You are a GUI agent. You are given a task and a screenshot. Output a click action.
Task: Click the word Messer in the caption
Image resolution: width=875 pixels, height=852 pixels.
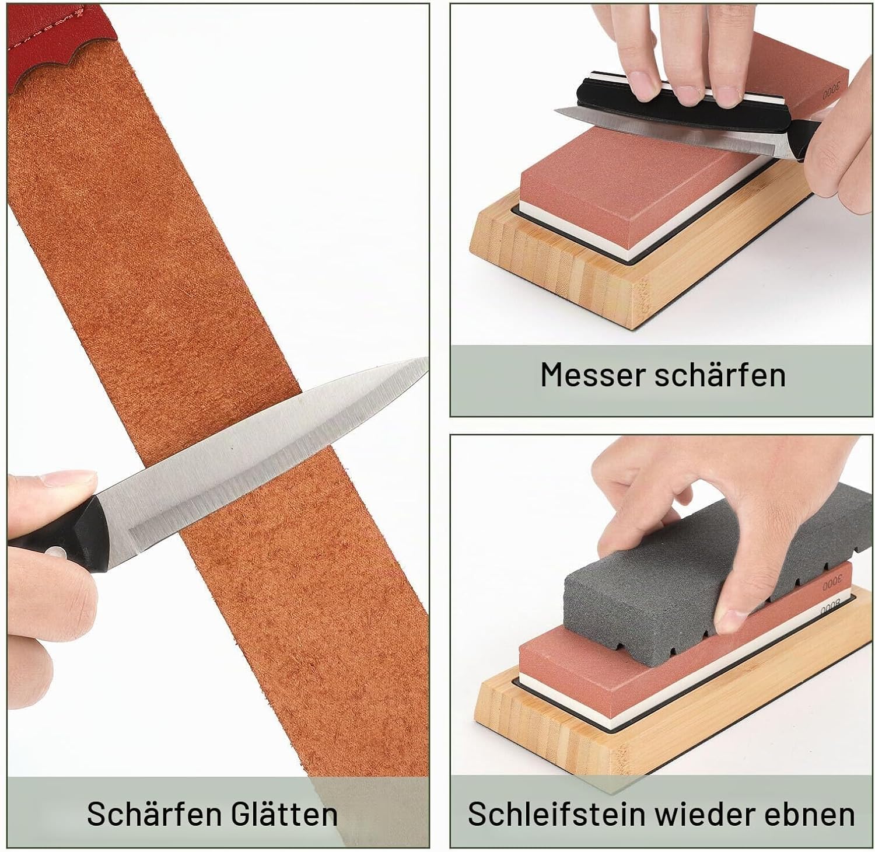[593, 375]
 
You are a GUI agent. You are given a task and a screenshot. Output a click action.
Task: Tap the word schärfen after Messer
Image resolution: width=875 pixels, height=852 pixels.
[720, 375]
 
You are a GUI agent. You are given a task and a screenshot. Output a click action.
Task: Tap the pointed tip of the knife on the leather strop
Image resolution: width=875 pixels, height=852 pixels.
[427, 360]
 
